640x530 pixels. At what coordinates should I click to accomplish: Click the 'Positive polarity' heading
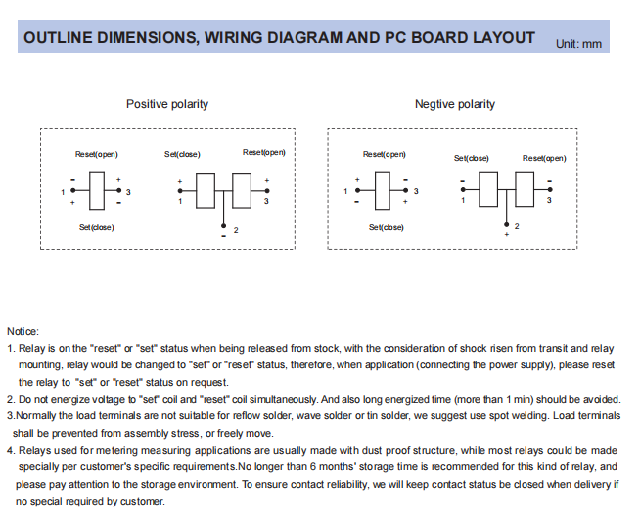pyautogui.click(x=166, y=104)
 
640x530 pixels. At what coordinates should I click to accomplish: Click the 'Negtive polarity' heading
pyautogui.click(x=454, y=104)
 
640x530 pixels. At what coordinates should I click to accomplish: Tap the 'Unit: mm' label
pyautogui.click(x=578, y=44)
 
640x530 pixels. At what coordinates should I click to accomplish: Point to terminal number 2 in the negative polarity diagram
pyautogui.click(x=517, y=226)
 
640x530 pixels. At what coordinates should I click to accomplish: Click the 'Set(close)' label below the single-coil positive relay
pyautogui.click(x=96, y=227)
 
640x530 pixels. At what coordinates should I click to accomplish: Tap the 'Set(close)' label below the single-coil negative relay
pyautogui.click(x=386, y=227)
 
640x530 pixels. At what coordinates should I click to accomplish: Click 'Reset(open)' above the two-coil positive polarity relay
pyautogui.click(x=264, y=152)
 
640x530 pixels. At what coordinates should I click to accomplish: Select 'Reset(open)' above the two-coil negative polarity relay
pyautogui.click(x=544, y=158)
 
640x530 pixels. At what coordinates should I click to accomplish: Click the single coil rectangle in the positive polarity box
pyautogui.click(x=98, y=190)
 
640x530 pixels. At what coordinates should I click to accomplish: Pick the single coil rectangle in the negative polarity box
pyautogui.click(x=386, y=190)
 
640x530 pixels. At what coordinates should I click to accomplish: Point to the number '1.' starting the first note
pyautogui.click(x=11, y=348)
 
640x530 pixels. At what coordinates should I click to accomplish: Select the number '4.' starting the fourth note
pyautogui.click(x=11, y=450)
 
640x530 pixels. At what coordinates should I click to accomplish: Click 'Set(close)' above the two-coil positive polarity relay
pyautogui.click(x=182, y=155)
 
